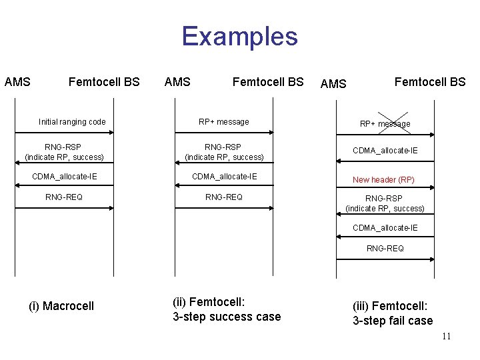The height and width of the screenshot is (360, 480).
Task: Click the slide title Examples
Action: pyautogui.click(x=239, y=36)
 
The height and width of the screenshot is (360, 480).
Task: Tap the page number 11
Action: pyautogui.click(x=446, y=336)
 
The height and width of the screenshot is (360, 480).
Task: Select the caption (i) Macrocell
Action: pyautogui.click(x=61, y=306)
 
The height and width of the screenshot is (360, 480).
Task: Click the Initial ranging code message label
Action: pyautogui.click(x=72, y=122)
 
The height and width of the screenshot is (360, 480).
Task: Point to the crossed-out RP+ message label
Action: pyautogui.click(x=385, y=123)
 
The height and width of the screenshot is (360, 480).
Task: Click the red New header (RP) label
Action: pyautogui.click(x=383, y=180)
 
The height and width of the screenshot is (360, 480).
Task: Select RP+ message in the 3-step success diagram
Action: pyautogui.click(x=224, y=122)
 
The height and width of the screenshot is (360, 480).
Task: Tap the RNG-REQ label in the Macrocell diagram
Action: pyautogui.click(x=64, y=197)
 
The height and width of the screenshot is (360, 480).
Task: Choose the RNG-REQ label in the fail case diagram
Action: pyautogui.click(x=385, y=249)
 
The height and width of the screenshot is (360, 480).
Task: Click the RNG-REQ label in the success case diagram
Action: pyautogui.click(x=224, y=197)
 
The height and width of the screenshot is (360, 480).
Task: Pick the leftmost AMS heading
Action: pyautogui.click(x=17, y=82)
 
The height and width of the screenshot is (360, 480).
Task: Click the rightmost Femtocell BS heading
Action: pyautogui.click(x=430, y=82)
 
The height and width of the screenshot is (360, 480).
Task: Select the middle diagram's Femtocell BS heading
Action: pyautogui.click(x=267, y=82)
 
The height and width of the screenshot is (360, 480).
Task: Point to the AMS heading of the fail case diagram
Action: pyautogui.click(x=333, y=84)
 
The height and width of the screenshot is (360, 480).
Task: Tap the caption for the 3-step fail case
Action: pyautogui.click(x=393, y=313)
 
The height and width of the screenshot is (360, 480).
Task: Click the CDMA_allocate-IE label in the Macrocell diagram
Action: pyautogui.click(x=64, y=177)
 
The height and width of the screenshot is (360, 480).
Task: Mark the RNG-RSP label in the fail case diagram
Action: pyautogui.click(x=385, y=203)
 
